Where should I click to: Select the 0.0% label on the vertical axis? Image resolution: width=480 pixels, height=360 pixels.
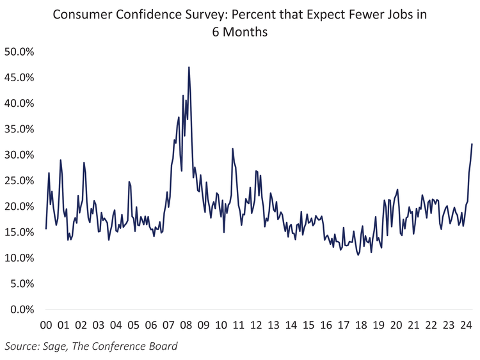pos(19,309)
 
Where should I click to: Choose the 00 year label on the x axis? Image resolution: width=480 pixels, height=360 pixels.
pos(46,325)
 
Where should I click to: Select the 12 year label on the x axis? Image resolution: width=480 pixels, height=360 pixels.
pos(256,325)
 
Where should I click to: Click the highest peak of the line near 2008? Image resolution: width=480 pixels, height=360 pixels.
pos(189,67)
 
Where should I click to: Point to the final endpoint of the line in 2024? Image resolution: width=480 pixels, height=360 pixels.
pos(472,144)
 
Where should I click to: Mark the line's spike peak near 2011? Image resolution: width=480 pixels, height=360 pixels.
pos(232,149)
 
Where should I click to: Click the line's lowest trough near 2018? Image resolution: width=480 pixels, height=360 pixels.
pos(358,254)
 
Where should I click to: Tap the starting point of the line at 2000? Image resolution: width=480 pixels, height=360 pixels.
pos(46,228)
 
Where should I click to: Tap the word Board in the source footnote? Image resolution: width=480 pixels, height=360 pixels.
pos(161,347)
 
